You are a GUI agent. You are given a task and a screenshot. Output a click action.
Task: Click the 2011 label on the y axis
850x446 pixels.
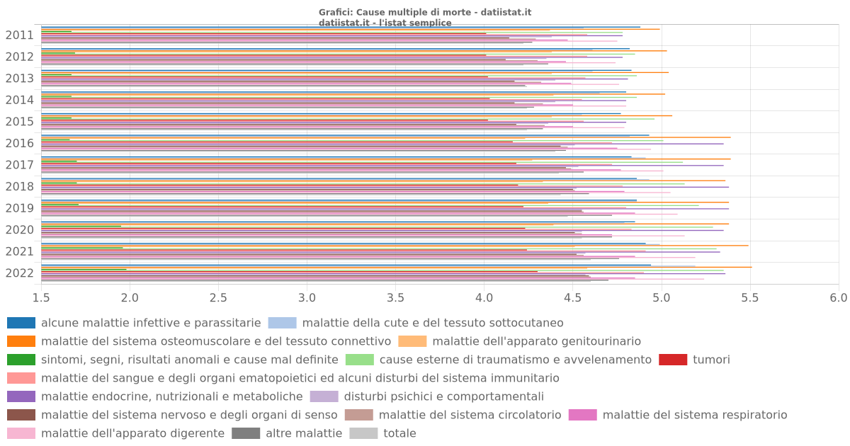[x=19, y=35]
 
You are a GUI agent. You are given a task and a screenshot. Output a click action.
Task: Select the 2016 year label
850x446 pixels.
[x=19, y=144]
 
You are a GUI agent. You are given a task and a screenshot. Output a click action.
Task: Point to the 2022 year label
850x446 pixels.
[x=19, y=273]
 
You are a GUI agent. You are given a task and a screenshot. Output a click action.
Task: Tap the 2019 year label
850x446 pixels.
[x=19, y=208]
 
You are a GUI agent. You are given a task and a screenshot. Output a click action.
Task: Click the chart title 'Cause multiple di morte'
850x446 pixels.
[x=425, y=12]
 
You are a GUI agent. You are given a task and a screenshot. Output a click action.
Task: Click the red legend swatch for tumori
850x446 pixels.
[x=673, y=360]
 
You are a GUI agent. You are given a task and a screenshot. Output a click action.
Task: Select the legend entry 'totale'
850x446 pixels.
[x=399, y=433]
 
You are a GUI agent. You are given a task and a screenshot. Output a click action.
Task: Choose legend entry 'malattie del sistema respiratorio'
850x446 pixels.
[x=694, y=415]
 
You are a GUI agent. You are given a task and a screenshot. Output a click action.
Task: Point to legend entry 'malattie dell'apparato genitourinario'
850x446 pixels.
[x=536, y=341]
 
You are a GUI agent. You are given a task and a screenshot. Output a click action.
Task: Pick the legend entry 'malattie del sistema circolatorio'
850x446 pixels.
[x=470, y=415]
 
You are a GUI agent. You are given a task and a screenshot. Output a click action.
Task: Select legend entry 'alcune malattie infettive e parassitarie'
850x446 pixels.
[x=151, y=323]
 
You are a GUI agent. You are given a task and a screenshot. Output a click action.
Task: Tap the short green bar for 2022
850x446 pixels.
[x=84, y=269]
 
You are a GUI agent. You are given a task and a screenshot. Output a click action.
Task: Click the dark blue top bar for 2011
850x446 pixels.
[x=340, y=27]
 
